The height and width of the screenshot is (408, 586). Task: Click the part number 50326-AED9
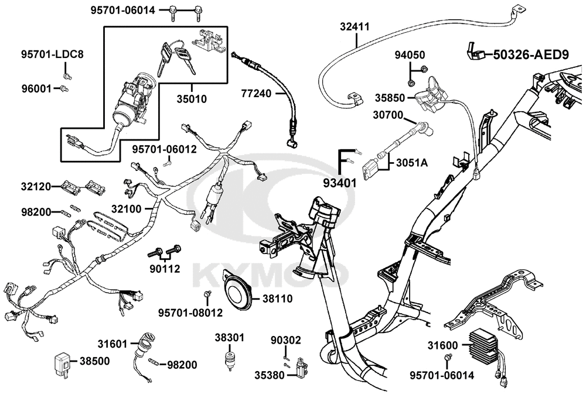pos(531,54)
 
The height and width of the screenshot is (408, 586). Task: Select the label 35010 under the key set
pos(192,99)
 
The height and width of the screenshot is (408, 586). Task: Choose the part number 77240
pos(256,93)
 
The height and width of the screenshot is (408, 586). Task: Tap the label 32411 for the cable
pos(355,26)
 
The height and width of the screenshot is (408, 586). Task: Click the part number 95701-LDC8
pos(52,54)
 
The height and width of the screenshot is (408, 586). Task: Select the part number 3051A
pos(412,163)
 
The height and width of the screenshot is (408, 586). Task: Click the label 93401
pos(340,183)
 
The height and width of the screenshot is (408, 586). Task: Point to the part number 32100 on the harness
pos(127,209)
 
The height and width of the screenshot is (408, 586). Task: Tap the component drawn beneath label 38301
pos(229,359)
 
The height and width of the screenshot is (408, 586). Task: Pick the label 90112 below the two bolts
pos(165,269)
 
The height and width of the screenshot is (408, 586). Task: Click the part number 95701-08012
pos(190,313)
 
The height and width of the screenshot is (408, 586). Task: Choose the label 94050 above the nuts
pos(410,55)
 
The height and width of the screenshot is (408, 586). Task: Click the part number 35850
pos(390,98)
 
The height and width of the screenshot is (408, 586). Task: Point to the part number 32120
pos(36,186)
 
